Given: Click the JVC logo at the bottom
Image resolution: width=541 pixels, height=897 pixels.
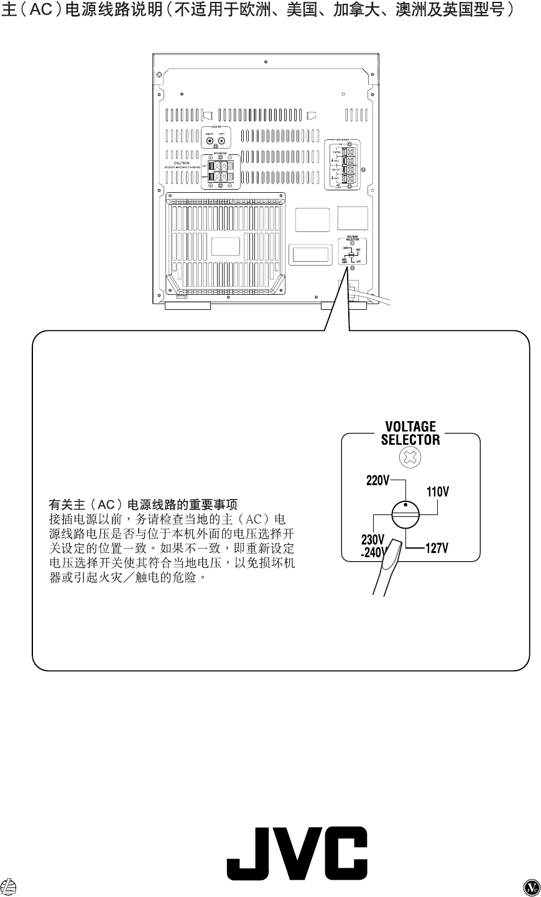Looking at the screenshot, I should (297, 853).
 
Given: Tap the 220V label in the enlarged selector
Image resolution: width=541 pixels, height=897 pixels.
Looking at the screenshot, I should (377, 481).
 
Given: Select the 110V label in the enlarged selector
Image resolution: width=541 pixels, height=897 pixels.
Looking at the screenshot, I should (438, 492).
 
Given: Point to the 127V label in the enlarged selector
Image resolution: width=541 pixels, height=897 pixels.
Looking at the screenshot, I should (437, 548).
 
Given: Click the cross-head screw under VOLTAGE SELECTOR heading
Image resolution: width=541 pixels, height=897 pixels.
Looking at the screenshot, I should (411, 459).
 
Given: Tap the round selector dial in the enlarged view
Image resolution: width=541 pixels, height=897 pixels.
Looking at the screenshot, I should (406, 514).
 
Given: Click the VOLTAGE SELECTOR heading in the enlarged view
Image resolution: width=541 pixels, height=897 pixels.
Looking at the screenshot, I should (410, 433).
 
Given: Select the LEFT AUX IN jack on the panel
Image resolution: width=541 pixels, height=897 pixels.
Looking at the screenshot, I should (221, 141).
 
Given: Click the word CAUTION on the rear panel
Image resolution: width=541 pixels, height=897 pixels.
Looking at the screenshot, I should (182, 163).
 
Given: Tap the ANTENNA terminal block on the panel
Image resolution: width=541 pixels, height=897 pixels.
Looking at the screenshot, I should (343, 164).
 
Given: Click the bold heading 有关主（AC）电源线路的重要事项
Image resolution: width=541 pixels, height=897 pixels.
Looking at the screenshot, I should (144, 504).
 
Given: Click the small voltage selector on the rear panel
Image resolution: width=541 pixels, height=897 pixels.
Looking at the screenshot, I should (352, 251).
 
